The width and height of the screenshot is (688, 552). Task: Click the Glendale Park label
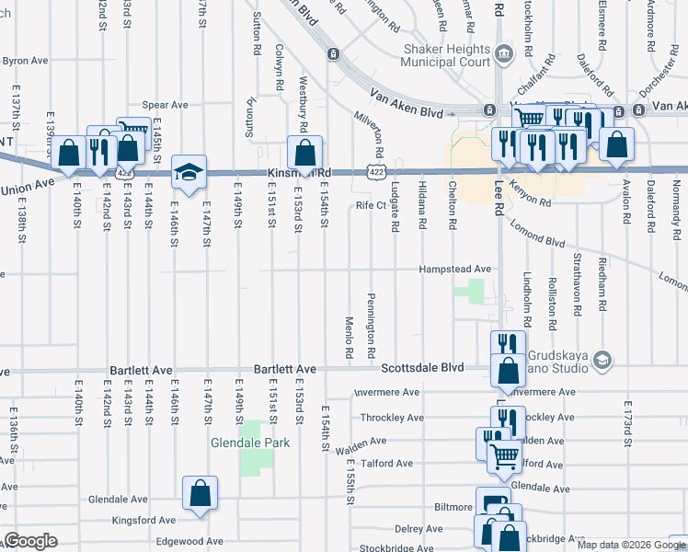(x=249, y=443)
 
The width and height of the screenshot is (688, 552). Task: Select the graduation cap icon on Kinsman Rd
(x=189, y=173)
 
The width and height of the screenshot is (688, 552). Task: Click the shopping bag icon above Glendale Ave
(x=200, y=494)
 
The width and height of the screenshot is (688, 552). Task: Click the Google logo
(x=30, y=541)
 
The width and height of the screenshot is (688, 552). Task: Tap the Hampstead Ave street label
(x=454, y=269)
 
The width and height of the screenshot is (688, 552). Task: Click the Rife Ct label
(x=371, y=206)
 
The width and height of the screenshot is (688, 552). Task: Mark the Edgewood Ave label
(x=189, y=541)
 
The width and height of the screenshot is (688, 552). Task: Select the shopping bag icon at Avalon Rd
(x=615, y=144)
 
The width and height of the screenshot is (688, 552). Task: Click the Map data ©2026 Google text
(x=630, y=545)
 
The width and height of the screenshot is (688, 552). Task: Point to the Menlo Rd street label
(x=350, y=338)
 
